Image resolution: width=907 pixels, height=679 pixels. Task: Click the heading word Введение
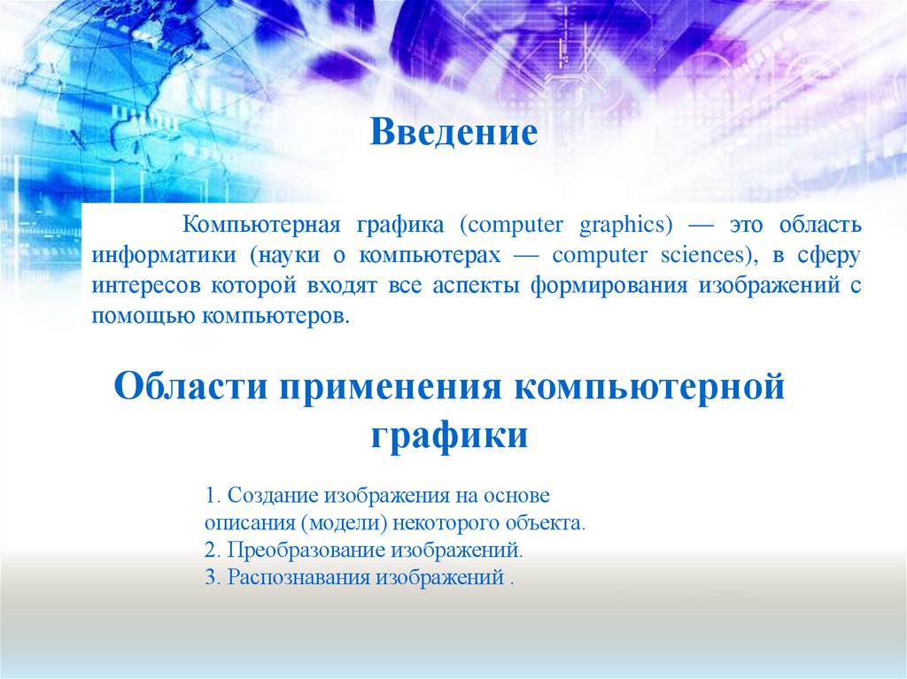[453, 133]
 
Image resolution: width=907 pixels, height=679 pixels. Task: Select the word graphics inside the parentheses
[624, 225]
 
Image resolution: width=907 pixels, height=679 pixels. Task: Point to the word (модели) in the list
[344, 522]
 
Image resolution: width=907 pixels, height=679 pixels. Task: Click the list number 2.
[208, 550]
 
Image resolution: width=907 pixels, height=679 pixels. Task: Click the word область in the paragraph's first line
[823, 225]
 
